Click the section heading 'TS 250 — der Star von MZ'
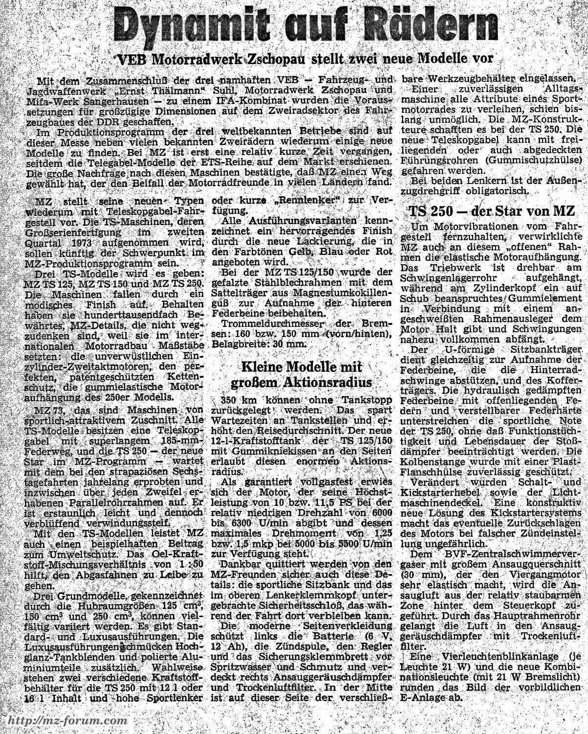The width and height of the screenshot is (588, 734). point(491,212)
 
